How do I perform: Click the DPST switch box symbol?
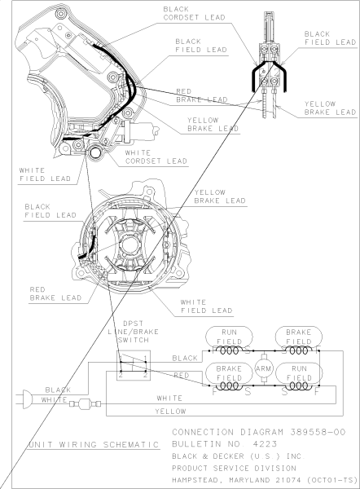pos(132,367)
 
